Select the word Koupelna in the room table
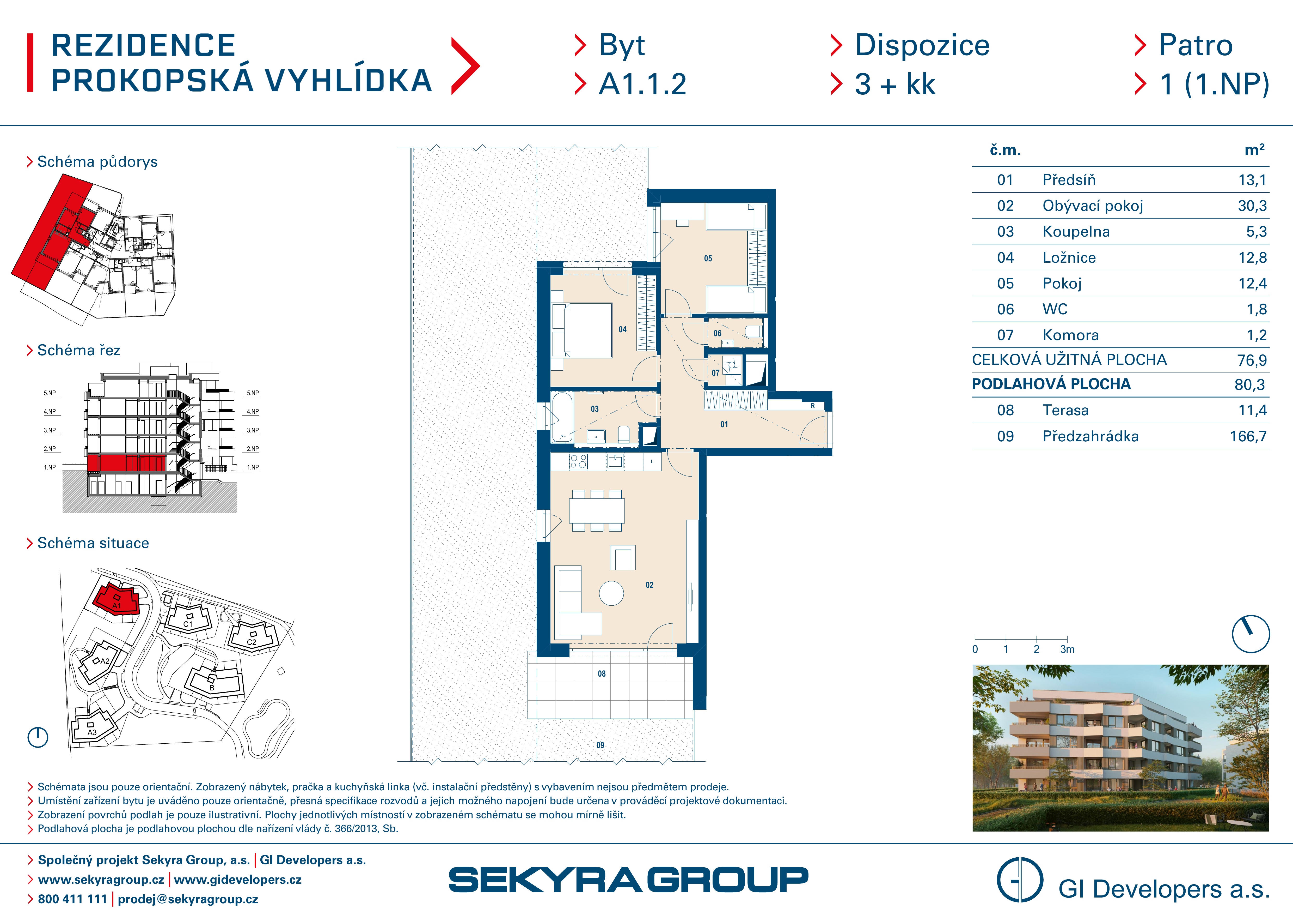tap(1076, 232)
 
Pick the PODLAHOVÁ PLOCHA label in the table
tap(1051, 384)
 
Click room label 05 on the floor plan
tap(708, 258)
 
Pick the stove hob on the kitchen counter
tap(578, 461)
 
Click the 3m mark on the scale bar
tap(1067, 649)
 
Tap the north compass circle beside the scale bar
tap(1251, 634)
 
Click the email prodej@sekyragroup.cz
tap(188, 899)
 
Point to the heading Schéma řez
tap(79, 351)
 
